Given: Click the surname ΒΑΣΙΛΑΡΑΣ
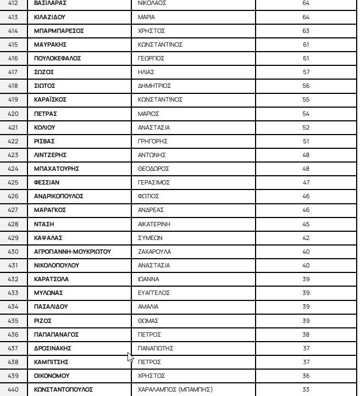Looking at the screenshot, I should coord(50,3).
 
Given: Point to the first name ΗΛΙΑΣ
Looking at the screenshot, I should coord(147,72).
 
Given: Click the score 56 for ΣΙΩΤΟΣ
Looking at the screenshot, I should coord(306,86).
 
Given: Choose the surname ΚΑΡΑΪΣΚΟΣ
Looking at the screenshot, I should coord(51,99).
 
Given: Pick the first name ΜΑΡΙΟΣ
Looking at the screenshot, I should coord(148,114).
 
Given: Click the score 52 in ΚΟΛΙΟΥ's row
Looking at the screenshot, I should coord(306,127).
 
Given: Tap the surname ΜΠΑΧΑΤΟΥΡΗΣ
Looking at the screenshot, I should coord(57,169).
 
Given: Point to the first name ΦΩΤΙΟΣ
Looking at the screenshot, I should coord(148,196).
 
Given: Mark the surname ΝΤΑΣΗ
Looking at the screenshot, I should coord(44,224).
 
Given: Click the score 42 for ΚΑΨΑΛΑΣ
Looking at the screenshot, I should coord(306,238).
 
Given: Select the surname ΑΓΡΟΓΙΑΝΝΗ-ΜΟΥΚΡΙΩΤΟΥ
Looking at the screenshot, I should coord(73,252).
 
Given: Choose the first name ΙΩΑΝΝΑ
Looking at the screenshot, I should coord(148,279).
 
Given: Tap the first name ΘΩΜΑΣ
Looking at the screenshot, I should coord(148,321).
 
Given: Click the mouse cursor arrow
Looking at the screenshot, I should coord(130,357).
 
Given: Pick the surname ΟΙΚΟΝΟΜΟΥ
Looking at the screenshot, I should coord(52,376).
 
